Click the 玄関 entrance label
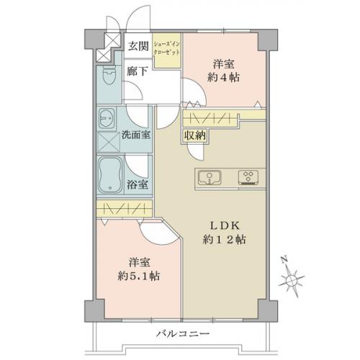[x=138, y=45]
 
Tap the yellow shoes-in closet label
[x=167, y=48]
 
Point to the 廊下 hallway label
[x=137, y=71]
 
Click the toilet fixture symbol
[x=109, y=75]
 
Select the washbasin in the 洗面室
[x=107, y=118]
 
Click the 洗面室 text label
[x=136, y=135]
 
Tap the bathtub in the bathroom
[x=110, y=175]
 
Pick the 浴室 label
[x=137, y=184]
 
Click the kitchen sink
[x=210, y=178]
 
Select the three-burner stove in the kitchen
[x=248, y=177]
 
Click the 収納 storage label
[x=195, y=136]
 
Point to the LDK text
[x=225, y=226]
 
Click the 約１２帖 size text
[x=224, y=239]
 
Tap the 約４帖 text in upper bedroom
[x=223, y=77]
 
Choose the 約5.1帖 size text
[x=139, y=276]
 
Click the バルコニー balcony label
[x=183, y=333]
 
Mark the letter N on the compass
[x=284, y=259]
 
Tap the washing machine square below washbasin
[x=108, y=142]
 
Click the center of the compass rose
[x=292, y=280]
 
